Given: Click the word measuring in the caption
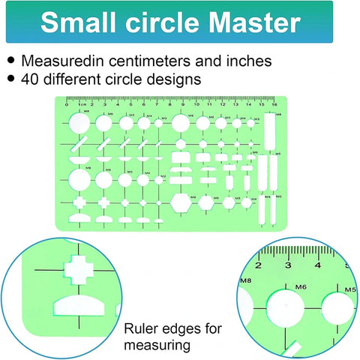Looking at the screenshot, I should click(157, 345).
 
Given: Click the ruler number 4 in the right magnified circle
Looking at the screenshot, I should click(318, 265).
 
